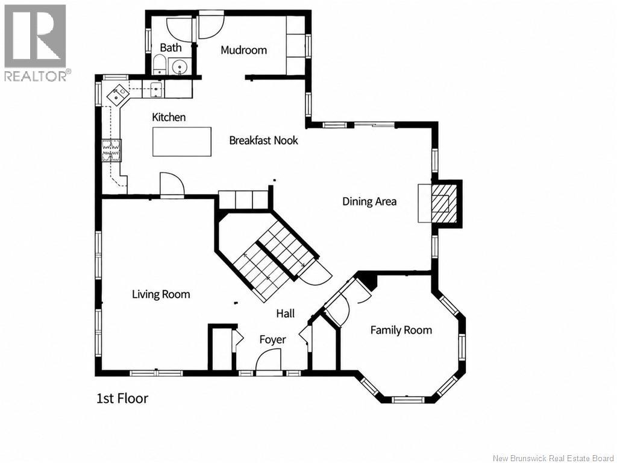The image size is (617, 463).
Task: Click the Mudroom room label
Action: pos(243,50)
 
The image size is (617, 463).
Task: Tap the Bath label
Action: pos(171,48)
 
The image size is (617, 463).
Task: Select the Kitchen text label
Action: pos(169,117)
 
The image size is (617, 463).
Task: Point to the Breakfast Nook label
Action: pos(264,140)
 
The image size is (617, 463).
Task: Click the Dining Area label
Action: pos(369,201)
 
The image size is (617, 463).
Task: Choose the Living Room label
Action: pos(161,294)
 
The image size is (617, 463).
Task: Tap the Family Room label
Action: pos(401,330)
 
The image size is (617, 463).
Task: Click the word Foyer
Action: pos(273,339)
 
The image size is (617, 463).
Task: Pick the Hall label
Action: pos(285,313)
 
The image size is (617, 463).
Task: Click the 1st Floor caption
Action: pos(122,398)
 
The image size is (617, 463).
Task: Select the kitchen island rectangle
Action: pos(182,142)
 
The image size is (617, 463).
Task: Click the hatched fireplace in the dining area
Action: pos(445,203)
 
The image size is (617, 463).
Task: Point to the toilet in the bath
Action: pos(159,65)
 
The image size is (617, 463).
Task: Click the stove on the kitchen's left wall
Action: pos(111,150)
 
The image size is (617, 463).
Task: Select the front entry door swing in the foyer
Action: pos(268,359)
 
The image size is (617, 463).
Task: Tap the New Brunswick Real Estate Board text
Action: pos(553,458)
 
